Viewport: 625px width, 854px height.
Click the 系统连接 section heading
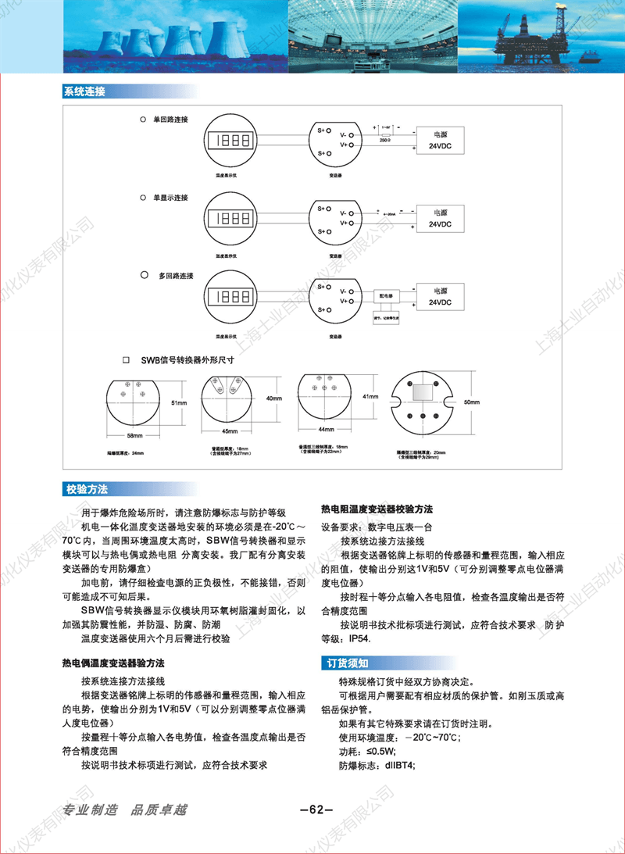click(x=84, y=92)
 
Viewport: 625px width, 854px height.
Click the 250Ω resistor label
click(x=385, y=140)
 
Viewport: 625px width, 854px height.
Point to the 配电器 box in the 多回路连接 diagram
click(x=387, y=295)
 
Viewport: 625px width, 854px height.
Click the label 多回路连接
click(x=176, y=276)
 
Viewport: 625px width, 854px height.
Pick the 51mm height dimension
click(x=179, y=402)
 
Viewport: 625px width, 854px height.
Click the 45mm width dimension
click(x=230, y=431)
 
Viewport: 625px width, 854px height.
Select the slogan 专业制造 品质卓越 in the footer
click(x=125, y=809)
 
